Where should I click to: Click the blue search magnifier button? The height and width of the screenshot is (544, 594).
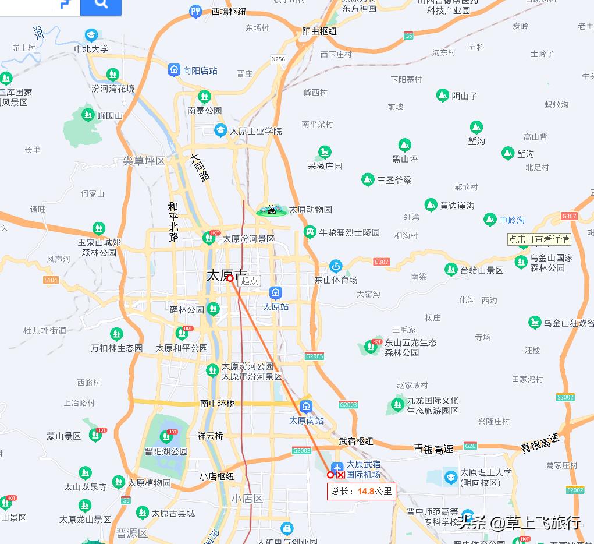coord(101,5)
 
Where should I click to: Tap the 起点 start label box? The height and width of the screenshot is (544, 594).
coord(250,280)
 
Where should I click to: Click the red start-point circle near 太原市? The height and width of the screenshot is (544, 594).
coord(230,278)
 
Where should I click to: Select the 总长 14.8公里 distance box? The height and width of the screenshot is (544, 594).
coord(361,491)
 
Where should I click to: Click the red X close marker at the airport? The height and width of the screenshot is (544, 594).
coord(340,475)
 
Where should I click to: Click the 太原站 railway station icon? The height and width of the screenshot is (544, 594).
coord(276,293)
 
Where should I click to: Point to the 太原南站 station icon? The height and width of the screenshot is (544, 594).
coord(306,407)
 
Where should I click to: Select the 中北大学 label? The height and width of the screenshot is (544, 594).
coord(91,49)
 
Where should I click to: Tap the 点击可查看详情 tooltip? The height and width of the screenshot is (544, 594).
coord(539,239)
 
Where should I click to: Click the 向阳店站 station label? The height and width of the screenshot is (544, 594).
coord(200,70)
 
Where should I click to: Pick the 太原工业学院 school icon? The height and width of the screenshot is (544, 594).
coord(220,130)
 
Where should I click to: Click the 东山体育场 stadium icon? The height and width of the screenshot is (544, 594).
coord(336,266)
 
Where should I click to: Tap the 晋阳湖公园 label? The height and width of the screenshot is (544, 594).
coord(166,451)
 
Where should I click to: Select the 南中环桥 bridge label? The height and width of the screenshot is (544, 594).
coord(218,403)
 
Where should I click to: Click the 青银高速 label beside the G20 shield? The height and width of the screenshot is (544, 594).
coord(433,449)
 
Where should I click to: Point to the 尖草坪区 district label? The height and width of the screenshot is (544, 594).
coord(144,161)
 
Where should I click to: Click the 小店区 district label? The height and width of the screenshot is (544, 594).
coord(247,499)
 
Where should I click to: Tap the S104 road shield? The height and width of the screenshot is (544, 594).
coord(51,280)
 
